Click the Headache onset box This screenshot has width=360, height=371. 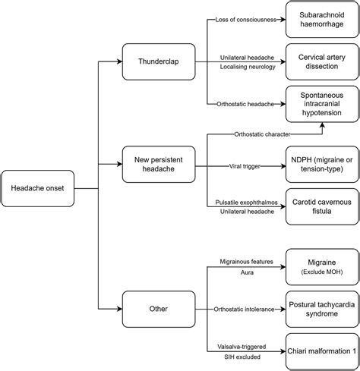pyautogui.click(x=38, y=188)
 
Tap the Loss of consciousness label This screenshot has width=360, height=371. pyautogui.click(x=245, y=19)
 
